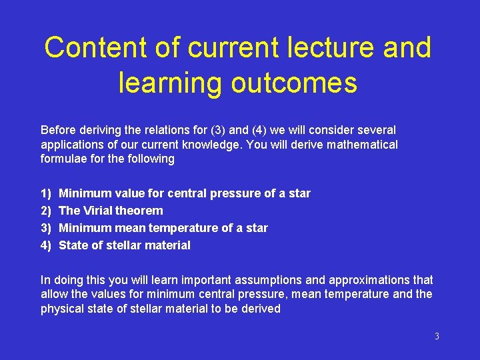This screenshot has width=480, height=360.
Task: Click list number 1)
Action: [x=46, y=193]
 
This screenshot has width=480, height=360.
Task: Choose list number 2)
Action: [x=46, y=211]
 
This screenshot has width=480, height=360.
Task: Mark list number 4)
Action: [x=46, y=245]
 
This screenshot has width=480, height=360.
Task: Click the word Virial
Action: [x=97, y=211]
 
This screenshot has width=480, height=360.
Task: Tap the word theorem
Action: [x=139, y=211]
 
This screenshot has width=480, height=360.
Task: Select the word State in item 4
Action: [x=73, y=245]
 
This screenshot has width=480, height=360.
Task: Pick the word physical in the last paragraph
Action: [x=63, y=309]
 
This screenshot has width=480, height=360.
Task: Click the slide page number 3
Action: [x=437, y=337]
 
